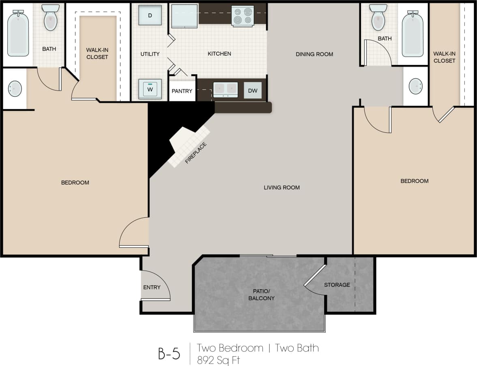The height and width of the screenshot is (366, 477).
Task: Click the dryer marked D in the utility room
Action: [x=150, y=15]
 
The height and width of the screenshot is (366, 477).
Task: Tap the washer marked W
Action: [x=150, y=89]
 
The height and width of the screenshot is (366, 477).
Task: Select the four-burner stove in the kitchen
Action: [x=243, y=16]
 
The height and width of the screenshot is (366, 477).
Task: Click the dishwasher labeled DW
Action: [x=253, y=91]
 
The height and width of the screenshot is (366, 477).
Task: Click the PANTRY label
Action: [x=182, y=91]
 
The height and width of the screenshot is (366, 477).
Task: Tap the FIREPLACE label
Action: [x=196, y=153]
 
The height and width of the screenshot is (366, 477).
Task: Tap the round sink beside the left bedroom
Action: [x=15, y=88]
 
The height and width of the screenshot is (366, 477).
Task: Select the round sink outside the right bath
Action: [x=415, y=86]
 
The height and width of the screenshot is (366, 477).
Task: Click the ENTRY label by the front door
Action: [x=152, y=287]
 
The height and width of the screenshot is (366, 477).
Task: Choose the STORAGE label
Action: [x=337, y=285]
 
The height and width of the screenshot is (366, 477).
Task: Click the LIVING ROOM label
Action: [x=281, y=187]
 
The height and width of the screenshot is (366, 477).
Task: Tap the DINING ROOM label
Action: [x=314, y=54]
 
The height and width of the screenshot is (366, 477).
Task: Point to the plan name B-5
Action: [x=169, y=353]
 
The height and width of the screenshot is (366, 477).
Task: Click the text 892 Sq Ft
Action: [x=218, y=360]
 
